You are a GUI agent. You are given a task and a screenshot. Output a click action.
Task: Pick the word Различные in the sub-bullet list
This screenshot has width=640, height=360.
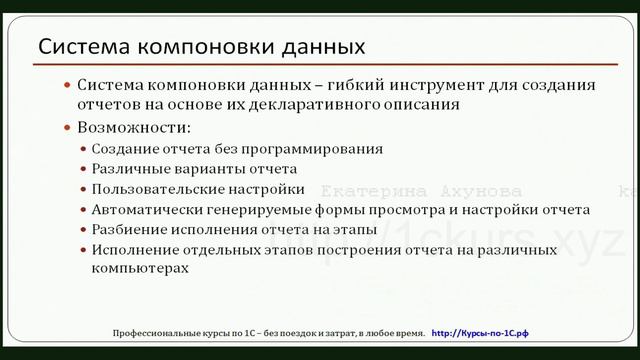pos(125,168)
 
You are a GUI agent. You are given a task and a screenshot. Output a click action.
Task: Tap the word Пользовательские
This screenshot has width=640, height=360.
pos(150,188)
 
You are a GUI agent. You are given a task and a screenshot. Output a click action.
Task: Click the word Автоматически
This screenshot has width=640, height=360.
pos(141,209)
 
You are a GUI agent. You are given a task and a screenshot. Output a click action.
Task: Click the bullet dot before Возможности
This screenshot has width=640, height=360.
pos(67,129)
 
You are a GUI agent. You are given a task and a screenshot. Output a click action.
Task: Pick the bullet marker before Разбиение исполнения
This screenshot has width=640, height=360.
pos(83,230)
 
